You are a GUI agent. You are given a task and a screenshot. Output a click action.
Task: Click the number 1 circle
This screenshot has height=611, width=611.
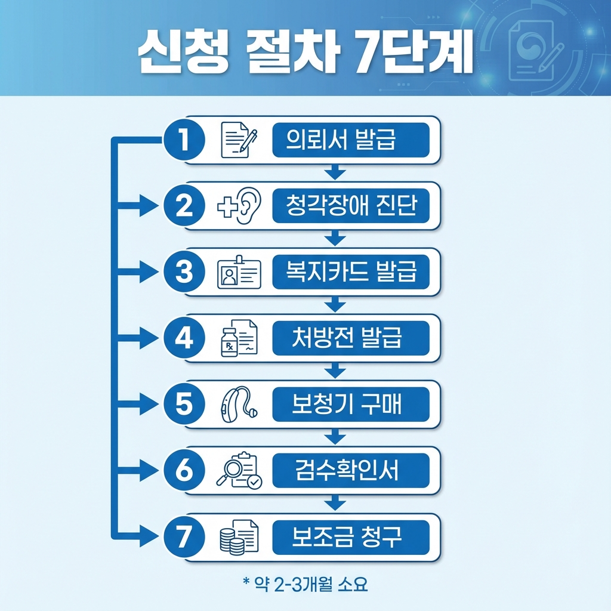click(184, 140)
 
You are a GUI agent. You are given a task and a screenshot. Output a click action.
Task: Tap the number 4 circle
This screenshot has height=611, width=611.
click(184, 339)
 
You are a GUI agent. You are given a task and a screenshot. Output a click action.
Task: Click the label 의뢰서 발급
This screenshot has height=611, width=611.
click(350, 140)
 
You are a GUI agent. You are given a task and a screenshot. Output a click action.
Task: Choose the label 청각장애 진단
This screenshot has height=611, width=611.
click(350, 206)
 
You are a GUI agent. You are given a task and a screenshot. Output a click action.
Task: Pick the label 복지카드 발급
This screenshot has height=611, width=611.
click(350, 273)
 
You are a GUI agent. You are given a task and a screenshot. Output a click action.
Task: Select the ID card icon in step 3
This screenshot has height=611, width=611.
click(238, 274)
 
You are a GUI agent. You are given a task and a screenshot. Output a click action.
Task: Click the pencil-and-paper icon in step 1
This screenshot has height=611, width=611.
click(239, 140)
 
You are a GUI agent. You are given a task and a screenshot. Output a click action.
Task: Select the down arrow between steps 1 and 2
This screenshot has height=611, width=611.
click(336, 172)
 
